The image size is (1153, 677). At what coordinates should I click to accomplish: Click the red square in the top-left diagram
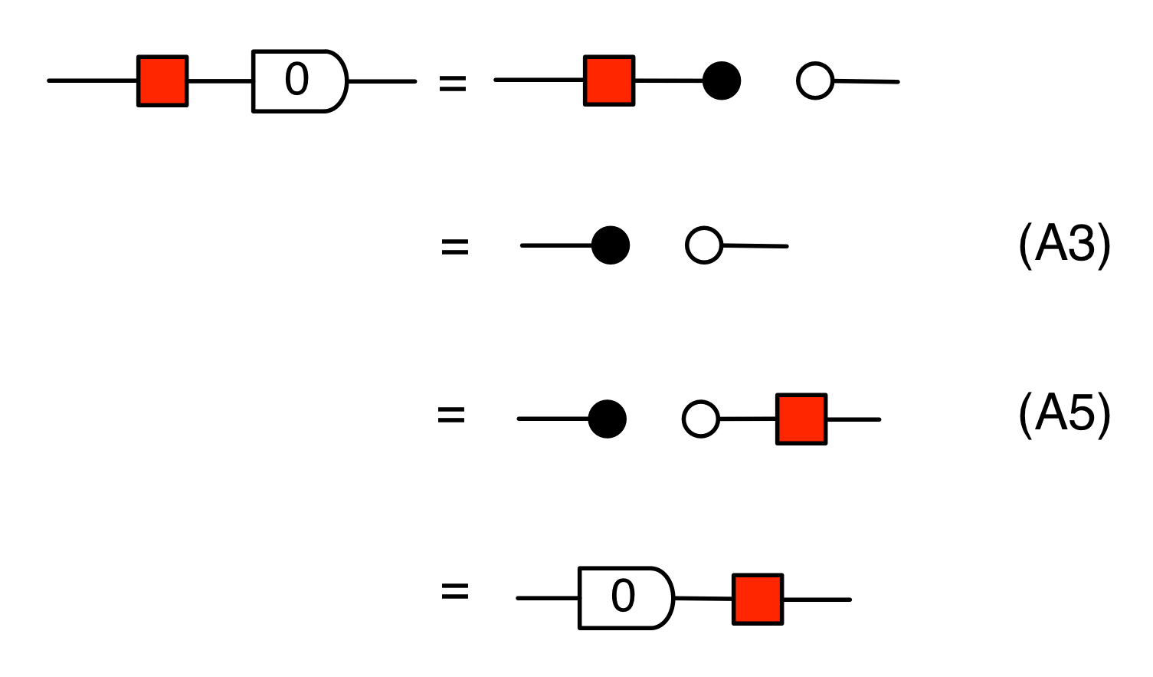pyautogui.click(x=162, y=81)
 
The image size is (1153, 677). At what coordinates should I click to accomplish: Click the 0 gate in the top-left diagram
pyautogui.click(x=300, y=81)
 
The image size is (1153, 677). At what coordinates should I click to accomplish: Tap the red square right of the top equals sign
pyautogui.click(x=609, y=81)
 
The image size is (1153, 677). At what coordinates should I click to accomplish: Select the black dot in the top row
pyautogui.click(x=722, y=81)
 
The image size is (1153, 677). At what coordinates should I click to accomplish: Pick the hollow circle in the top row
pyautogui.click(x=814, y=81)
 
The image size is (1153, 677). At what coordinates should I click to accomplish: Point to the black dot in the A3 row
pyautogui.click(x=611, y=245)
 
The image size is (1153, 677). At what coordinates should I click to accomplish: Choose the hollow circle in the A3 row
pyautogui.click(x=703, y=245)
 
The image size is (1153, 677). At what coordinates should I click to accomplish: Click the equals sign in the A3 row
pyautogui.click(x=454, y=247)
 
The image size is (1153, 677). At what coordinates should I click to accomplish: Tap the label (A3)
pyautogui.click(x=1064, y=245)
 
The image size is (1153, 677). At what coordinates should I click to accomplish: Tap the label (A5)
pyautogui.click(x=1064, y=415)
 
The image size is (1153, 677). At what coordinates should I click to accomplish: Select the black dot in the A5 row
pyautogui.click(x=608, y=419)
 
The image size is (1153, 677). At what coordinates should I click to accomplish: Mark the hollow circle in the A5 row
pyautogui.click(x=700, y=419)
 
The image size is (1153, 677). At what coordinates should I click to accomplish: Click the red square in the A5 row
pyautogui.click(x=801, y=419)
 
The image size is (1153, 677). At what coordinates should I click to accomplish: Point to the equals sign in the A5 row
pyautogui.click(x=451, y=416)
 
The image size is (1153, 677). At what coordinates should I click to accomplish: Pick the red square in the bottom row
pyautogui.click(x=758, y=599)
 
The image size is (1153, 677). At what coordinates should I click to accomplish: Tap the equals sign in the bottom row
pyautogui.click(x=454, y=592)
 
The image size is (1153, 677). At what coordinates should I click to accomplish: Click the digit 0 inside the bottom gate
pyautogui.click(x=623, y=596)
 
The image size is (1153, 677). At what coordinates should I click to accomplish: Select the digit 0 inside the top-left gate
pyautogui.click(x=296, y=79)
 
